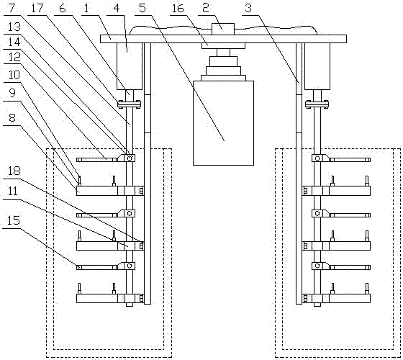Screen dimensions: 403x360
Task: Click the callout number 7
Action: tap(12, 8)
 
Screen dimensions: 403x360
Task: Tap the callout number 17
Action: tap(37, 8)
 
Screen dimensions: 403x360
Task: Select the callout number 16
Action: tap(178, 8)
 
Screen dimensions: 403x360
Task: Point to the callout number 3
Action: tap(248, 8)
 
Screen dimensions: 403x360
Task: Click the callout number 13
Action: tap(14, 27)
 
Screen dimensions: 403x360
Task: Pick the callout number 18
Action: tap(14, 171)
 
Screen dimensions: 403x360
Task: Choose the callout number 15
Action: tap(14, 220)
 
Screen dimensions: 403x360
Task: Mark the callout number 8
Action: tap(12, 118)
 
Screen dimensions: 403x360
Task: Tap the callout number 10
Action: tap(14, 75)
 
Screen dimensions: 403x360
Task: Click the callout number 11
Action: tap(13, 192)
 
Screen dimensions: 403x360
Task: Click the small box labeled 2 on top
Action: tap(223, 29)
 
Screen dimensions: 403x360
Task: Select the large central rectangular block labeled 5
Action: tap(223, 123)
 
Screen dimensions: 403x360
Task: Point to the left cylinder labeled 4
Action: tap(130, 66)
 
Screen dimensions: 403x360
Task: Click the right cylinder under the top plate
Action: tap(317, 66)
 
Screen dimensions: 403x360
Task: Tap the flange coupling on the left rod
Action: tap(130, 104)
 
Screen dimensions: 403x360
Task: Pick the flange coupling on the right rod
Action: tap(317, 104)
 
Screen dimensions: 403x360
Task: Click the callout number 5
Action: tap(142, 8)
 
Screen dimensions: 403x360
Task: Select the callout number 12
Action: tap(14, 57)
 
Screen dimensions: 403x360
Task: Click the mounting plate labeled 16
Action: tap(223, 46)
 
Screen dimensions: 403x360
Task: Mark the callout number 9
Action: tap(12, 93)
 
